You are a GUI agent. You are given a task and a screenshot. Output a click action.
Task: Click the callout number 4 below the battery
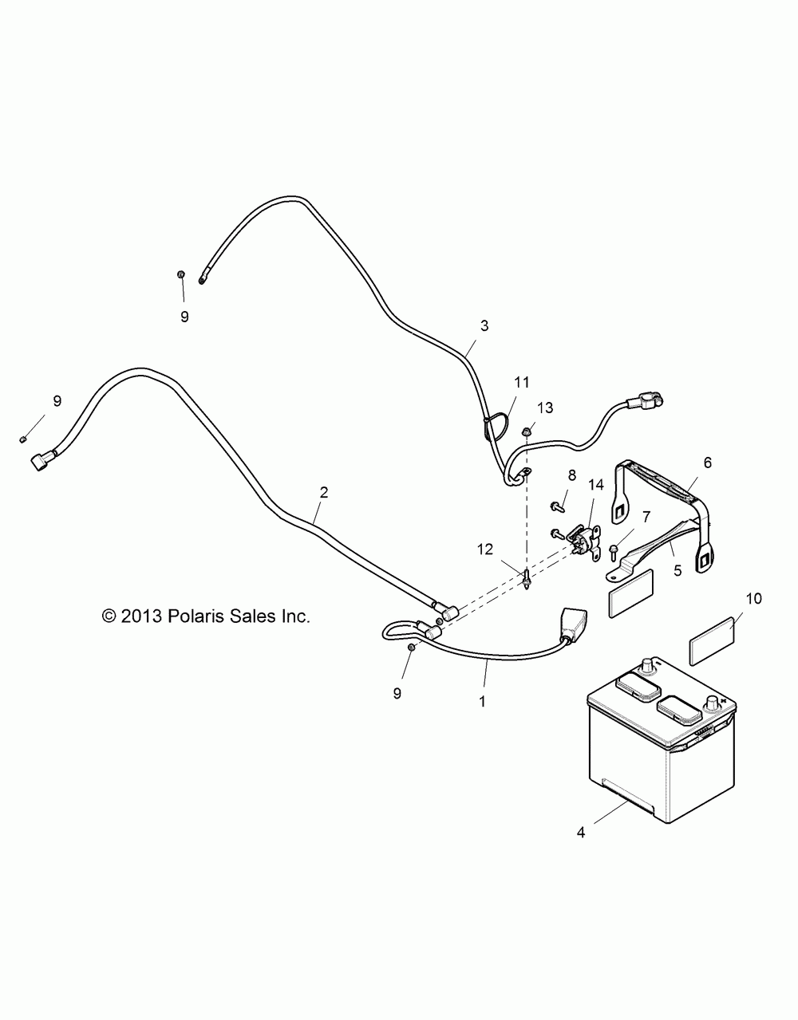(x=580, y=833)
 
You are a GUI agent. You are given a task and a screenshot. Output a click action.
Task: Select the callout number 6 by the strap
(x=707, y=462)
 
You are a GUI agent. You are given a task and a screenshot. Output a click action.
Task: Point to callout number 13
(x=545, y=408)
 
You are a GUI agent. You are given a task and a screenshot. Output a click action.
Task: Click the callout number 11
(x=521, y=382)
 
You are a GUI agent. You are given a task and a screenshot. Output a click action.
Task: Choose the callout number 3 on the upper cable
(x=484, y=325)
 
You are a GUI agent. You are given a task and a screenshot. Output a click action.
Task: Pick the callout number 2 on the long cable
(x=323, y=492)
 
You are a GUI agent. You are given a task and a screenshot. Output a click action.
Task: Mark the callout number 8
(x=571, y=475)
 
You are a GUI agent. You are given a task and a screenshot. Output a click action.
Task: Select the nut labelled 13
(x=526, y=432)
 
